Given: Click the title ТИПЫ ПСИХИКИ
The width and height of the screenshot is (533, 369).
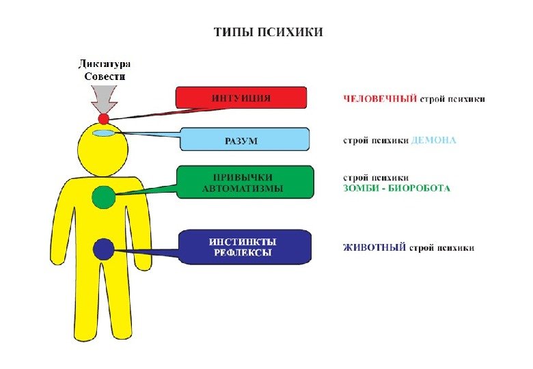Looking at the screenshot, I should point(268,32).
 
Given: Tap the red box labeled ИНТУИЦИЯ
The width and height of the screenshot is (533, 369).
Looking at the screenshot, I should point(241,98).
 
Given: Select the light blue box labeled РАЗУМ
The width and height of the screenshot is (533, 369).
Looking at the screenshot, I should point(243,140).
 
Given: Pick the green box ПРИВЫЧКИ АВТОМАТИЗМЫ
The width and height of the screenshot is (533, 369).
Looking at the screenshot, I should point(244,182).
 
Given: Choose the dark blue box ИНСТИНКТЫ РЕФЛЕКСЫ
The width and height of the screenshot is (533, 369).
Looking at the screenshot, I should point(244,247).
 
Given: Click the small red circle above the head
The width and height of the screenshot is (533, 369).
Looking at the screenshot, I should point(103,118).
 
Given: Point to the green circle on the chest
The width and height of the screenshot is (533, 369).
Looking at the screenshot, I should point(104,197).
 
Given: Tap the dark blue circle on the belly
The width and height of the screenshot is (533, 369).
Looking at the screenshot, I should point(104,249).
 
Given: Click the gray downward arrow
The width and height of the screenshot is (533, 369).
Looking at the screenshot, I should point(103,98).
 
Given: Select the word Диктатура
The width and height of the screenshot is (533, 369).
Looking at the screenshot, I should point(103,64).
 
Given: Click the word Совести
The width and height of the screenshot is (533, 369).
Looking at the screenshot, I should point(104,77).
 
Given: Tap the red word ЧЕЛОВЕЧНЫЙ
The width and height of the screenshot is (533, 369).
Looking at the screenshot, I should point(379,99).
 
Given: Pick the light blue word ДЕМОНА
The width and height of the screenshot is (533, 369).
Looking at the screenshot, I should point(434,140).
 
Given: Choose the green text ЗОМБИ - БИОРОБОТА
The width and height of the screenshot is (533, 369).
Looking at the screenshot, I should point(396,188).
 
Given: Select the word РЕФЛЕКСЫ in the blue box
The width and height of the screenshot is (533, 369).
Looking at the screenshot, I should point(243,253).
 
